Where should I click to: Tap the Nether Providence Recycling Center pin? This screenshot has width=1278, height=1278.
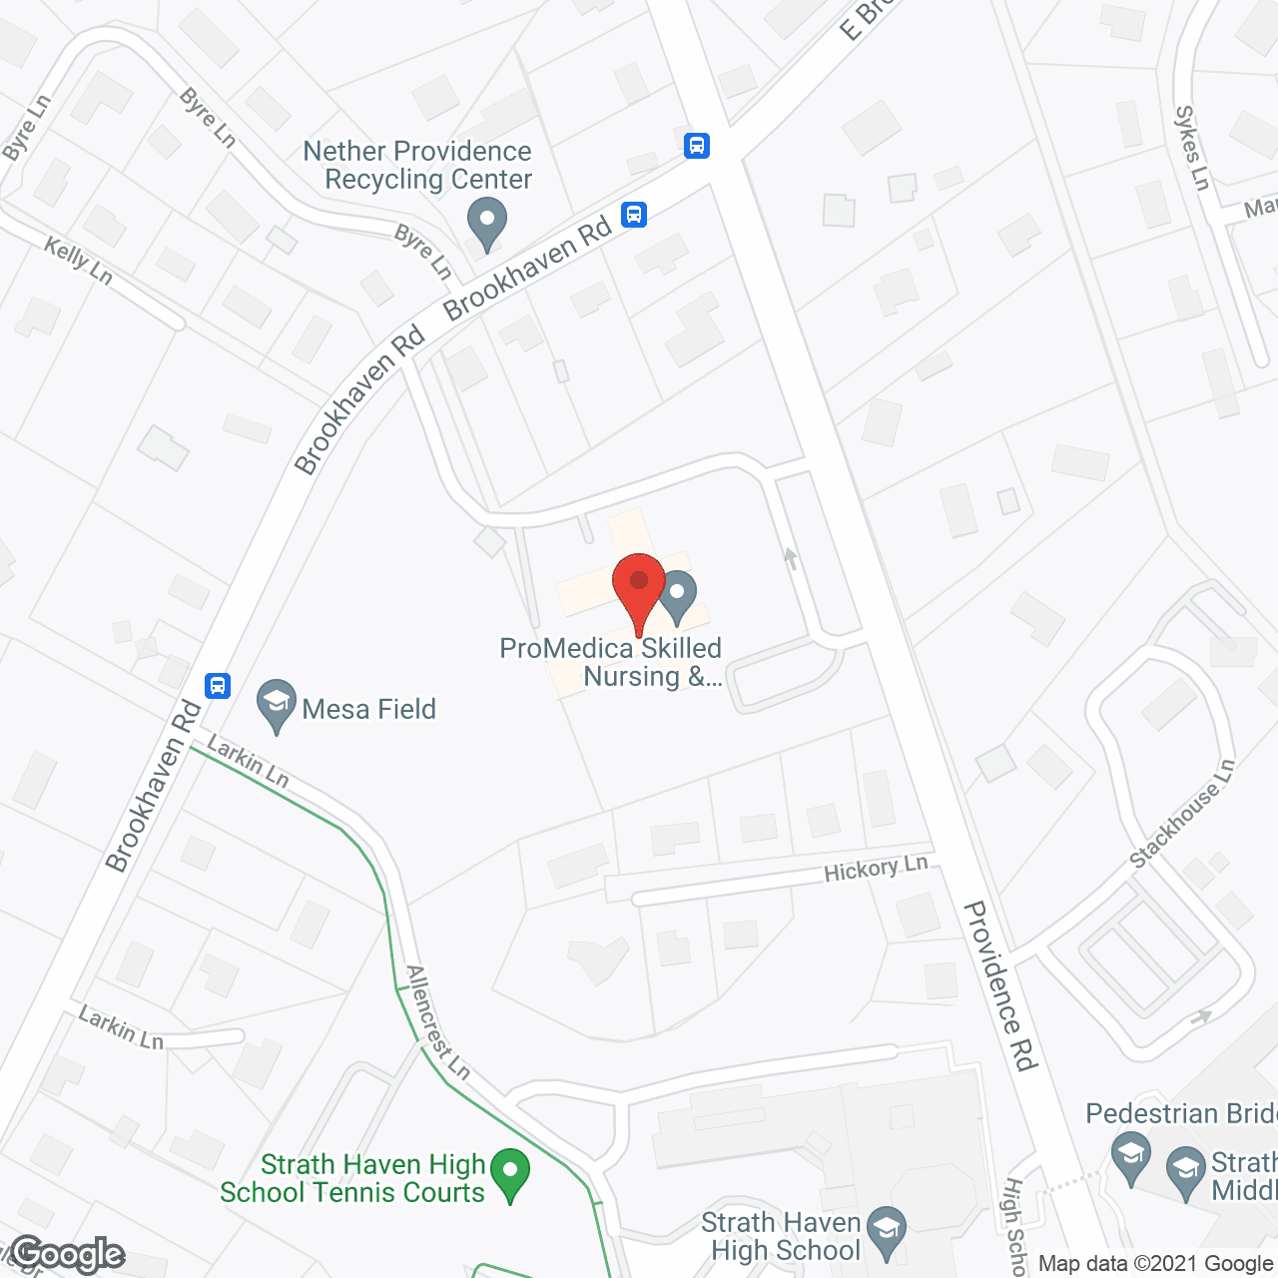coord(487,223)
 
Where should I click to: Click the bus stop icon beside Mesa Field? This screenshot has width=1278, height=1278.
coord(218,686)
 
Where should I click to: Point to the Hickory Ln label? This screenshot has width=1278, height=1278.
coord(876,869)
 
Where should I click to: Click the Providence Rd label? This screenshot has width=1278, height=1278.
coord(1001,985)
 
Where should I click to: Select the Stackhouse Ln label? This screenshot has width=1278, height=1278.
coord(1182,813)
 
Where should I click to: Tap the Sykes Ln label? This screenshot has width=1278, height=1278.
coord(1192,148)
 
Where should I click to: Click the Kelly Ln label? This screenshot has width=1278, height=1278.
coord(78,260)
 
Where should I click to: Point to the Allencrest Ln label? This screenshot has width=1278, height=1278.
coord(437,1021)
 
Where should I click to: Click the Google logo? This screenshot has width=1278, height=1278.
coord(68,1254)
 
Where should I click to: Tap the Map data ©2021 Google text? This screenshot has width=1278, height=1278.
coord(1155,1263)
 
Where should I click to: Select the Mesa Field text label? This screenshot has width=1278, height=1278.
coord(368,709)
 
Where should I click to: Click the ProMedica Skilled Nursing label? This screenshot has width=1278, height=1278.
coord(610,662)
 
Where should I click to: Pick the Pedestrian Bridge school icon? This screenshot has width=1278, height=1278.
coord(1131,1158)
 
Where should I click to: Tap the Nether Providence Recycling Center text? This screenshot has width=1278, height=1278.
coord(418,165)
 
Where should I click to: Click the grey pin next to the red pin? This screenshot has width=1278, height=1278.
coord(678,595)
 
